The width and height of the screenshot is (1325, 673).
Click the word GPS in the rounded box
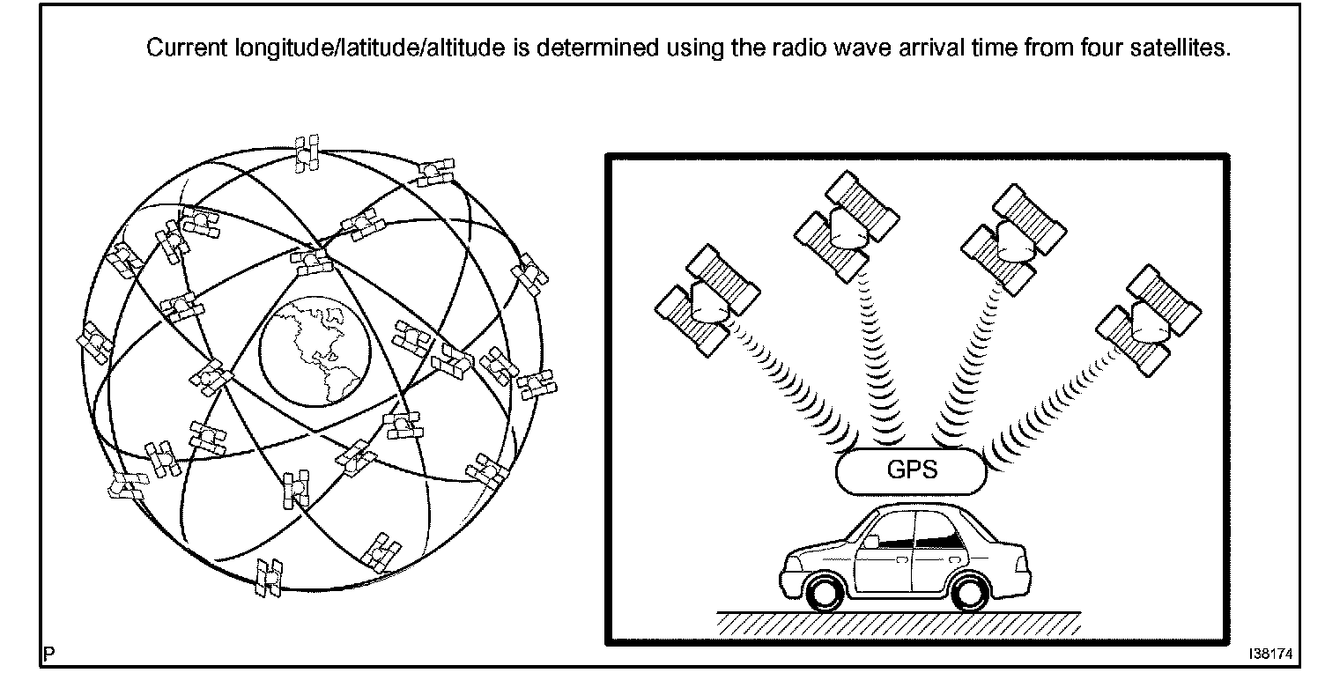point(912,469)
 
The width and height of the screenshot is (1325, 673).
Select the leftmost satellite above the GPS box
point(707,300)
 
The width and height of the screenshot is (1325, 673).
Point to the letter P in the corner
point(48,655)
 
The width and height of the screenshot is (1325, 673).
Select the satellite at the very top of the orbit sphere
point(307,153)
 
